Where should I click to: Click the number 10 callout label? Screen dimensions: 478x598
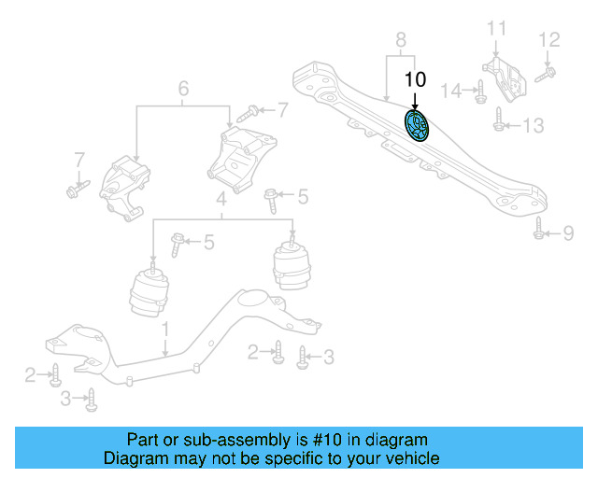pos(415,79)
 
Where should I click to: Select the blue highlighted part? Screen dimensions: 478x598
pos(416,125)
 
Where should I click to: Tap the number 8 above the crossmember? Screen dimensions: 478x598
pos(401,40)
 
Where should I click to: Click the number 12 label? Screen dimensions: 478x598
pos(548,40)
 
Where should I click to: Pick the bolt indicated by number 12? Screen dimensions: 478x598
pos(548,70)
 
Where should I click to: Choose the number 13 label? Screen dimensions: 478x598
pos(532,125)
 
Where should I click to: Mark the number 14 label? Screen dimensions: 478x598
pos(452,91)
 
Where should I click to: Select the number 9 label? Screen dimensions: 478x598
pos(567,233)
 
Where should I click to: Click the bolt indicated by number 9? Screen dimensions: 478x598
pos(539,227)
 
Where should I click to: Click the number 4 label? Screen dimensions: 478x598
pos(221,200)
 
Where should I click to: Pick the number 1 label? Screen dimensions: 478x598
pos(164,329)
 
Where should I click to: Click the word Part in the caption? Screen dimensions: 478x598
pos(143,440)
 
